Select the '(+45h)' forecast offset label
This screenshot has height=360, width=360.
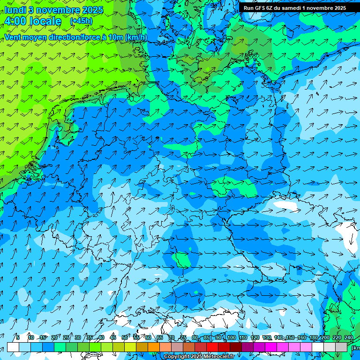(x=81, y=21)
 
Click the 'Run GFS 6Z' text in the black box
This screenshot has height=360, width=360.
(x=259, y=8)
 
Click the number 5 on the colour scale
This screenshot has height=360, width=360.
(x=18, y=337)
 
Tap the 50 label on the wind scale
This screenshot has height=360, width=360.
(x=125, y=337)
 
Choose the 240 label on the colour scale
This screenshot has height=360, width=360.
(x=349, y=337)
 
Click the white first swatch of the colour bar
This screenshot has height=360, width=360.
(x=13, y=347)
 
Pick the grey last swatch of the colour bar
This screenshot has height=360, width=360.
(x=341, y=347)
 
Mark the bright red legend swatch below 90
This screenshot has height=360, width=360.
(x=212, y=347)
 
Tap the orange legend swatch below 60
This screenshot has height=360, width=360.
(x=154, y=347)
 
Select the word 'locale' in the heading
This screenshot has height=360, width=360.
(x=45, y=21)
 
